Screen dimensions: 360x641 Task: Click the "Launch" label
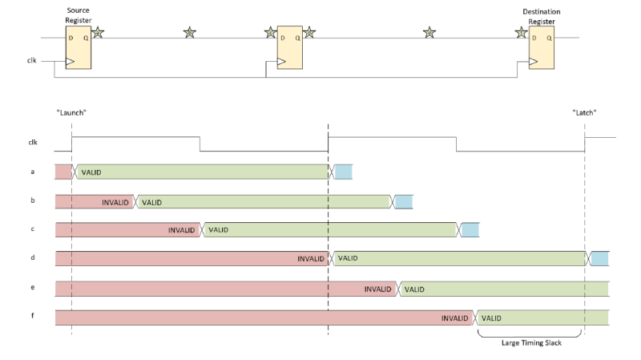pyautogui.click(x=71, y=113)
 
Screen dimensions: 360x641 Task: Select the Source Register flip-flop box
pyautogui.click(x=79, y=49)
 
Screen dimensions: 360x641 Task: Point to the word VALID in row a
pyautogui.click(x=91, y=172)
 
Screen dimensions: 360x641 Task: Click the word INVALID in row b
pyautogui.click(x=115, y=201)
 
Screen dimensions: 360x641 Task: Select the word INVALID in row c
pyautogui.click(x=182, y=230)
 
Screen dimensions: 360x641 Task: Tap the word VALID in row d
pyautogui.click(x=347, y=259)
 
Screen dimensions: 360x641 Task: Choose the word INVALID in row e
pyautogui.click(x=378, y=289)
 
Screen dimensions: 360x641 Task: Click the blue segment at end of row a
pyautogui.click(x=342, y=172)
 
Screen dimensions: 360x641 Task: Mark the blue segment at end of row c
pyautogui.click(x=470, y=230)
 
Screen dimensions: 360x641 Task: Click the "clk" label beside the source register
pyautogui.click(x=32, y=59)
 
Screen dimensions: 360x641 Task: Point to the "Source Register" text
pyautogui.click(x=78, y=15)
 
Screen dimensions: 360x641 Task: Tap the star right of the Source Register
pyautogui.click(x=98, y=33)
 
